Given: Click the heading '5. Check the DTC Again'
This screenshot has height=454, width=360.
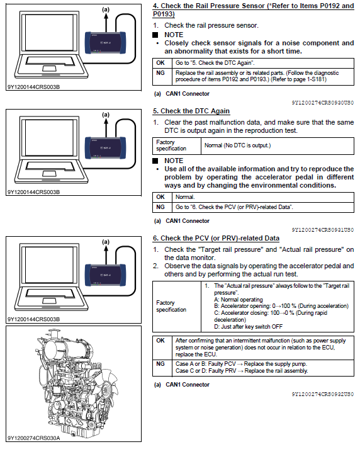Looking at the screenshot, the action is pyautogui.click(x=191, y=111).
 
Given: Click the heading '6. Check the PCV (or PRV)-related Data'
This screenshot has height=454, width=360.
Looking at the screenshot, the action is pyautogui.click(x=216, y=238).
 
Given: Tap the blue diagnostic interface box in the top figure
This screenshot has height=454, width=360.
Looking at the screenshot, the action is pyautogui.click(x=105, y=43).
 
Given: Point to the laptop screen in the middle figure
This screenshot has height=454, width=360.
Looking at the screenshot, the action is pyautogui.click(x=49, y=137).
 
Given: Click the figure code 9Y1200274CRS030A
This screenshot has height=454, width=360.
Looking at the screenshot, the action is pyautogui.click(x=33, y=438).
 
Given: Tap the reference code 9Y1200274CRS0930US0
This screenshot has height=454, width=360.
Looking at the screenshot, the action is pyautogui.click(x=323, y=103).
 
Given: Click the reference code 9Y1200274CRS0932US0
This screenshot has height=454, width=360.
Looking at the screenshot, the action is pyautogui.click(x=323, y=394).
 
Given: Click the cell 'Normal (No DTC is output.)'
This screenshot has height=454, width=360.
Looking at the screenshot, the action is pyautogui.click(x=238, y=145).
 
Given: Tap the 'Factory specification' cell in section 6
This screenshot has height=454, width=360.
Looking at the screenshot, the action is pyautogui.click(x=171, y=306).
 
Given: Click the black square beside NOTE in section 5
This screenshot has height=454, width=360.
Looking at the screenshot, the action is pyautogui.click(x=155, y=161).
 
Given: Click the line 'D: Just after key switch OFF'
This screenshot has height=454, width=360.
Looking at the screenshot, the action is pyautogui.click(x=249, y=327).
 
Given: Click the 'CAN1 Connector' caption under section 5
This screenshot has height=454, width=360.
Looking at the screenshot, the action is pyautogui.click(x=188, y=221).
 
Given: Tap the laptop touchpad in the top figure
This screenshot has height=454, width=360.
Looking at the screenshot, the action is pyautogui.click(x=49, y=69).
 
